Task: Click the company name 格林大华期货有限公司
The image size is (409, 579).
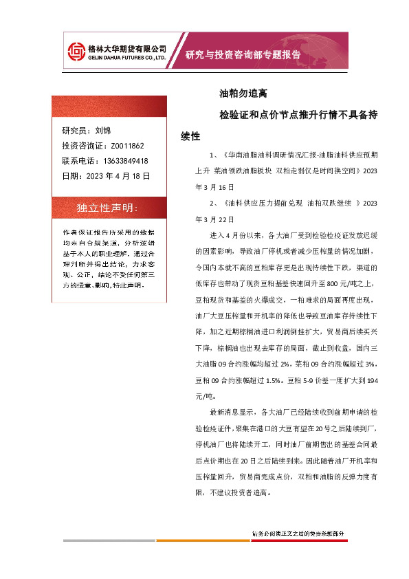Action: point(129,48)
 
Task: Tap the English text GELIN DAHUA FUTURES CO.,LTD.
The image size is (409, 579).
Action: point(129,58)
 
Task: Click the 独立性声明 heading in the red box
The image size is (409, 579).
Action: point(107,208)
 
